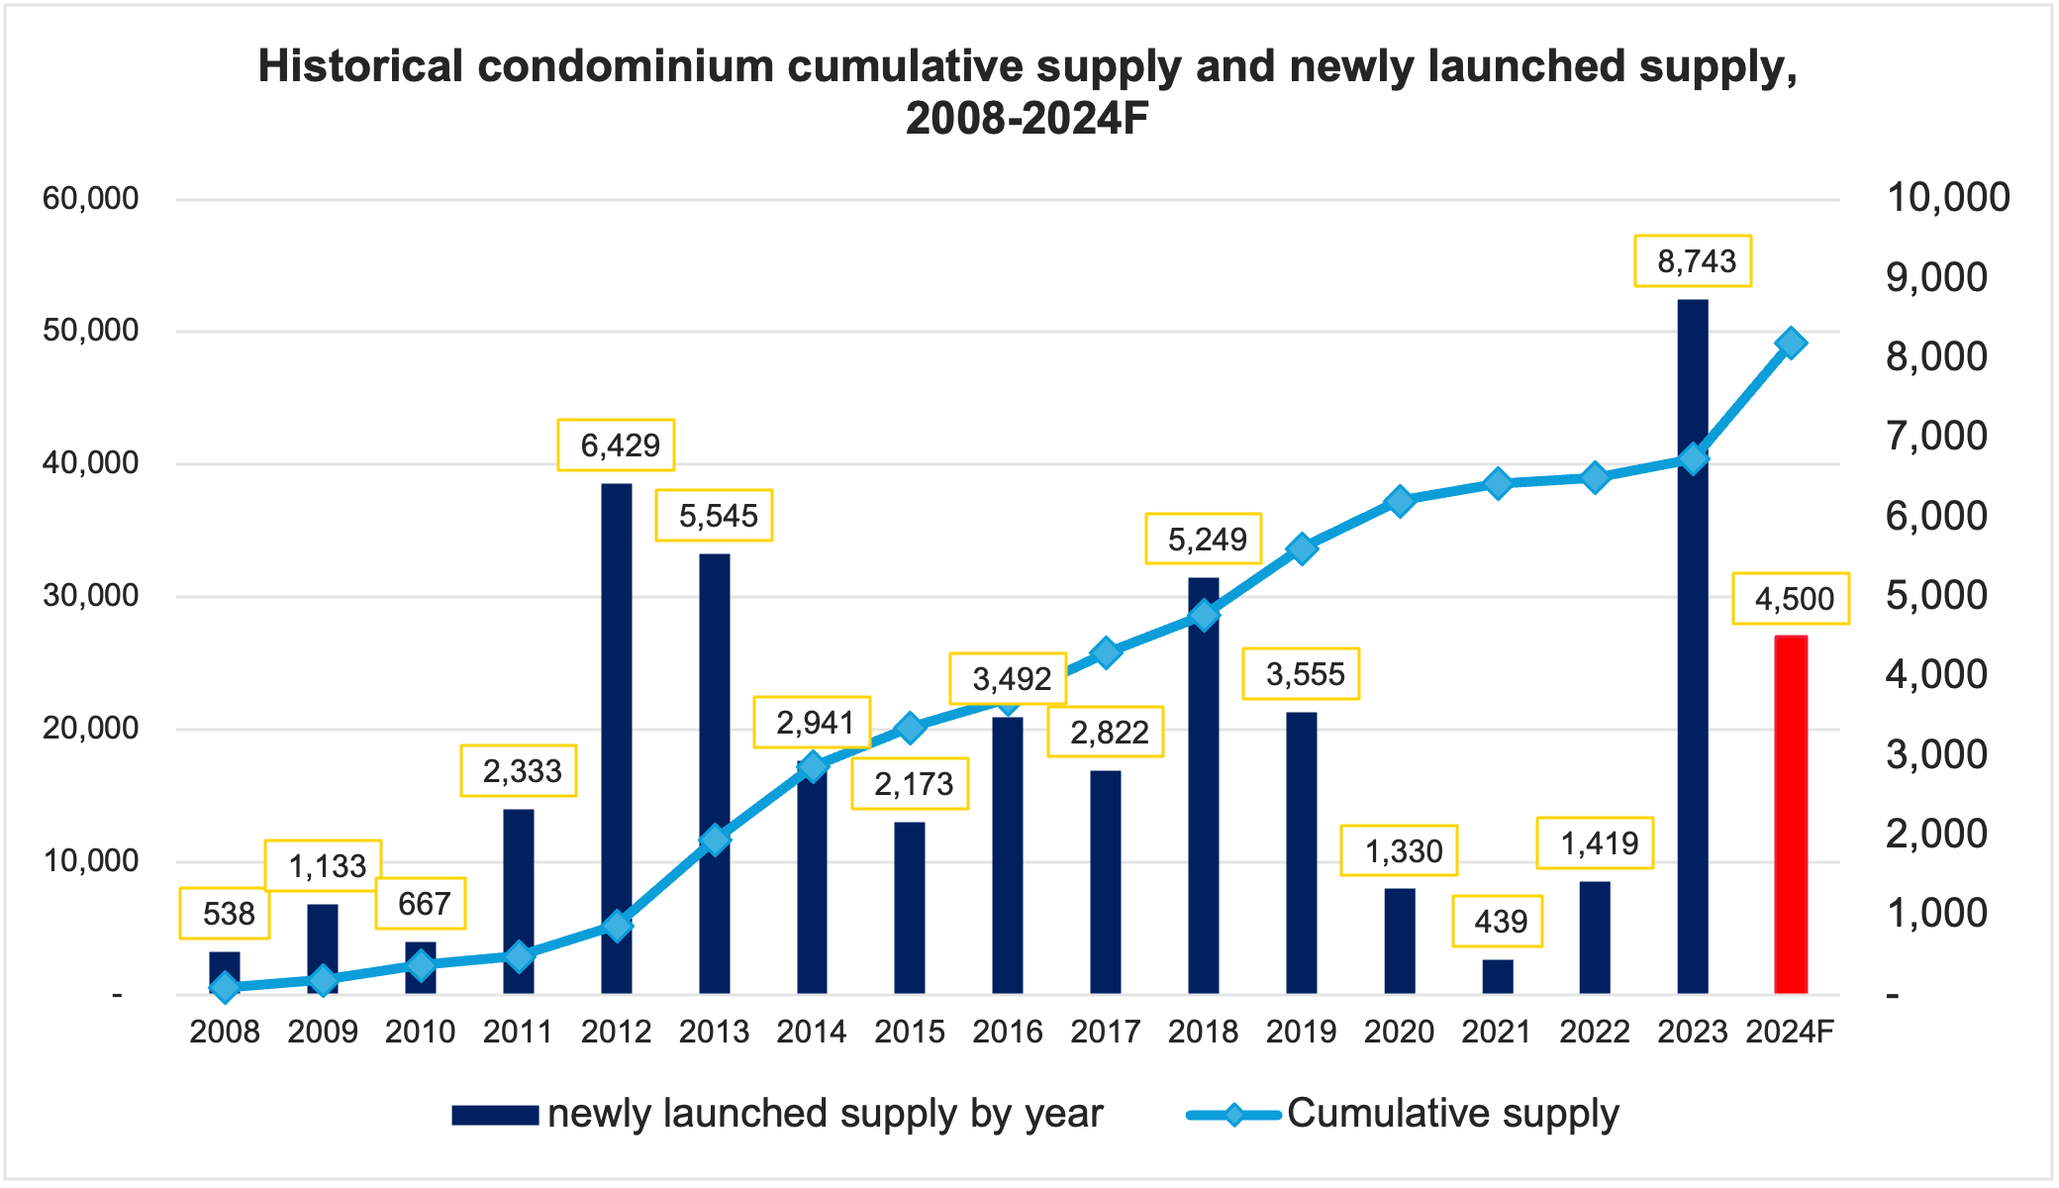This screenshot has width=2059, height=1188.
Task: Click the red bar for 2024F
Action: pos(1791,814)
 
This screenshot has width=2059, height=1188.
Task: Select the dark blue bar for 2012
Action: pos(617,738)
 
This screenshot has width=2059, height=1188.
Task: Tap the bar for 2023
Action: pos(1693,645)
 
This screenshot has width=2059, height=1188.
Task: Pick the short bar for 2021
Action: pos(1498,976)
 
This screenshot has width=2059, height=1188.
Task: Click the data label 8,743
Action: pos(1693,261)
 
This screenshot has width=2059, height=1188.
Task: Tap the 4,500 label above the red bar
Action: pos(1791,599)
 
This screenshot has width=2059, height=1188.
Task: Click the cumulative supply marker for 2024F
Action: pos(1791,344)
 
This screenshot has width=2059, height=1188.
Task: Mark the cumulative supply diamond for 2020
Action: pos(1400,501)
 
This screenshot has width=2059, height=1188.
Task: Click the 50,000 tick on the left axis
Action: pos(90,331)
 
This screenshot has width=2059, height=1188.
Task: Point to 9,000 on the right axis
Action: pos(1936,278)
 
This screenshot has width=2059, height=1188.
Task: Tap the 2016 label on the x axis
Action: pos(1008,1032)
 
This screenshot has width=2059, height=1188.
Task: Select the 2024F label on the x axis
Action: pos(1790,1032)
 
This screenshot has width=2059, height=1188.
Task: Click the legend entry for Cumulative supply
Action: pos(1452,1114)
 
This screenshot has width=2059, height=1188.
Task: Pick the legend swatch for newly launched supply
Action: pos(495,1115)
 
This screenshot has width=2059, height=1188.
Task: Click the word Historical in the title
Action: pos(360,66)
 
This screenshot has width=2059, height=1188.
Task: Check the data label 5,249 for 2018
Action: pos(1204,540)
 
